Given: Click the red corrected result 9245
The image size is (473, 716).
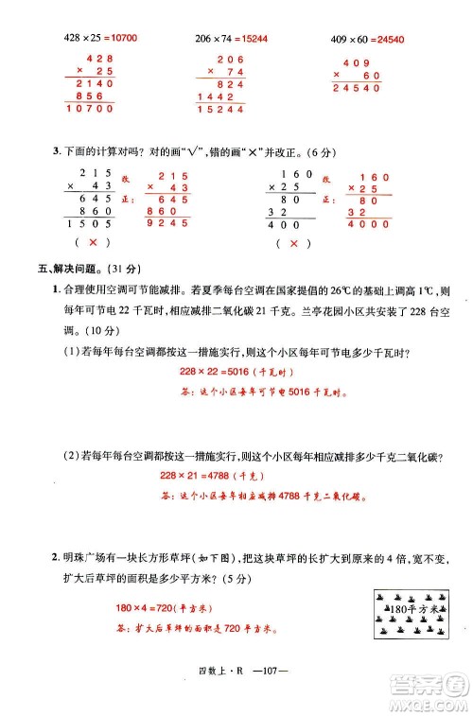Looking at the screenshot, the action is [168, 224].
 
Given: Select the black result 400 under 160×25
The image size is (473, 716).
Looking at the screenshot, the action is [285, 225].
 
